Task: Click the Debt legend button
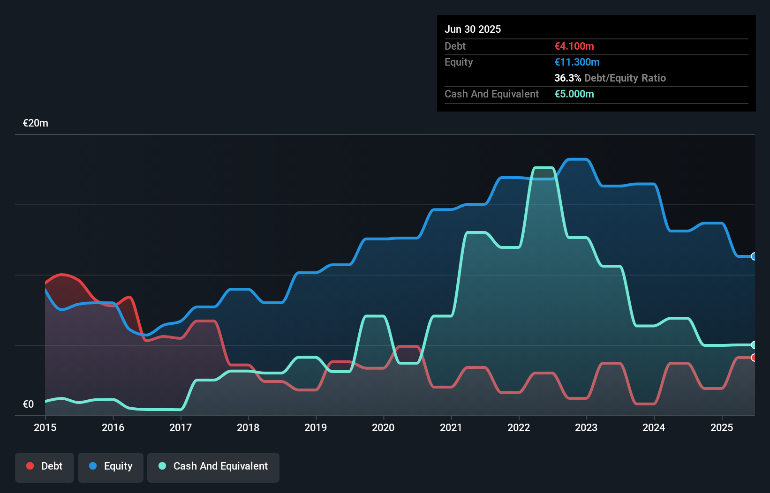point(45,466)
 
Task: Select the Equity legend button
point(111,466)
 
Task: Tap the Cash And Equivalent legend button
point(213,466)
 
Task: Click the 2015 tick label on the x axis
point(45,427)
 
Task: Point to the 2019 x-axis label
point(316,427)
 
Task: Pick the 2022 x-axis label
point(519,427)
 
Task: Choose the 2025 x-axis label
point(722,427)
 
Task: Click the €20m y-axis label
point(36,123)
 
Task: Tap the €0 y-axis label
point(28,404)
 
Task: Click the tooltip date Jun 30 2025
point(473,30)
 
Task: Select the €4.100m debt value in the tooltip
point(574,46)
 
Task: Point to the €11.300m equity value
point(577,62)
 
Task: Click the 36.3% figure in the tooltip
point(567,78)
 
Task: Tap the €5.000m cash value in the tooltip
point(574,94)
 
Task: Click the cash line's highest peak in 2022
point(544,168)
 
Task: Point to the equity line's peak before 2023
point(577,160)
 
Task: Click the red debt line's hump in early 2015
point(62,275)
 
